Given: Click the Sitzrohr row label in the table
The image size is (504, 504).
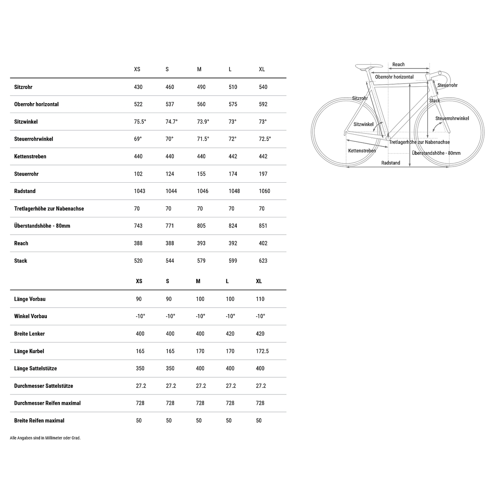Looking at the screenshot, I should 23,87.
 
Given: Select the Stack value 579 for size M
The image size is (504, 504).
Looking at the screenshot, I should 201,261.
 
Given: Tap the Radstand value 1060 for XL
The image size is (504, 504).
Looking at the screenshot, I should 264,191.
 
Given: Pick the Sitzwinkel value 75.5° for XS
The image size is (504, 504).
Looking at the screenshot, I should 140,122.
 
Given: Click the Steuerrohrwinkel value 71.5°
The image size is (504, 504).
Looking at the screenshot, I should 203,139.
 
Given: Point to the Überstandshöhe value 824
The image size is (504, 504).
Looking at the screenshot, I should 233,226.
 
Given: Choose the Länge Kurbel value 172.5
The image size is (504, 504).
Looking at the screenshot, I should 262,351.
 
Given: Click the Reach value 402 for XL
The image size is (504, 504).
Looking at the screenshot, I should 263,243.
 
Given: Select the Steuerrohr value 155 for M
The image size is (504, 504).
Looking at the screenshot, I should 201,174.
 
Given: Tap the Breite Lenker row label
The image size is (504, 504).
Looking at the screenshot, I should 30,334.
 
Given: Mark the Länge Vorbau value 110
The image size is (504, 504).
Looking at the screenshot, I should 260,299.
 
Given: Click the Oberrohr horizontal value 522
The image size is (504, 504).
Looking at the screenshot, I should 138,104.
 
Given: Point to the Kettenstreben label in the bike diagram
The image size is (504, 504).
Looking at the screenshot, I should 362,151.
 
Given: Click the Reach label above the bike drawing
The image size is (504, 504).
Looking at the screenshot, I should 398,65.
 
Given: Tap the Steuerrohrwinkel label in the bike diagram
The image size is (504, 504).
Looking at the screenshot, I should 452,119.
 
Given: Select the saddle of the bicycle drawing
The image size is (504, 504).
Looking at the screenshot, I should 369,66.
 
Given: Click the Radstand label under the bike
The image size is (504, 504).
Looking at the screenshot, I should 391,163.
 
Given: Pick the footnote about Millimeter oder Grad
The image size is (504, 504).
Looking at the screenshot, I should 45,438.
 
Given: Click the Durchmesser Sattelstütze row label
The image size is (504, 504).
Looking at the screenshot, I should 44,386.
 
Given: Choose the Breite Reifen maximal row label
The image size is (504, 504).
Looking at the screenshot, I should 39,421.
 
